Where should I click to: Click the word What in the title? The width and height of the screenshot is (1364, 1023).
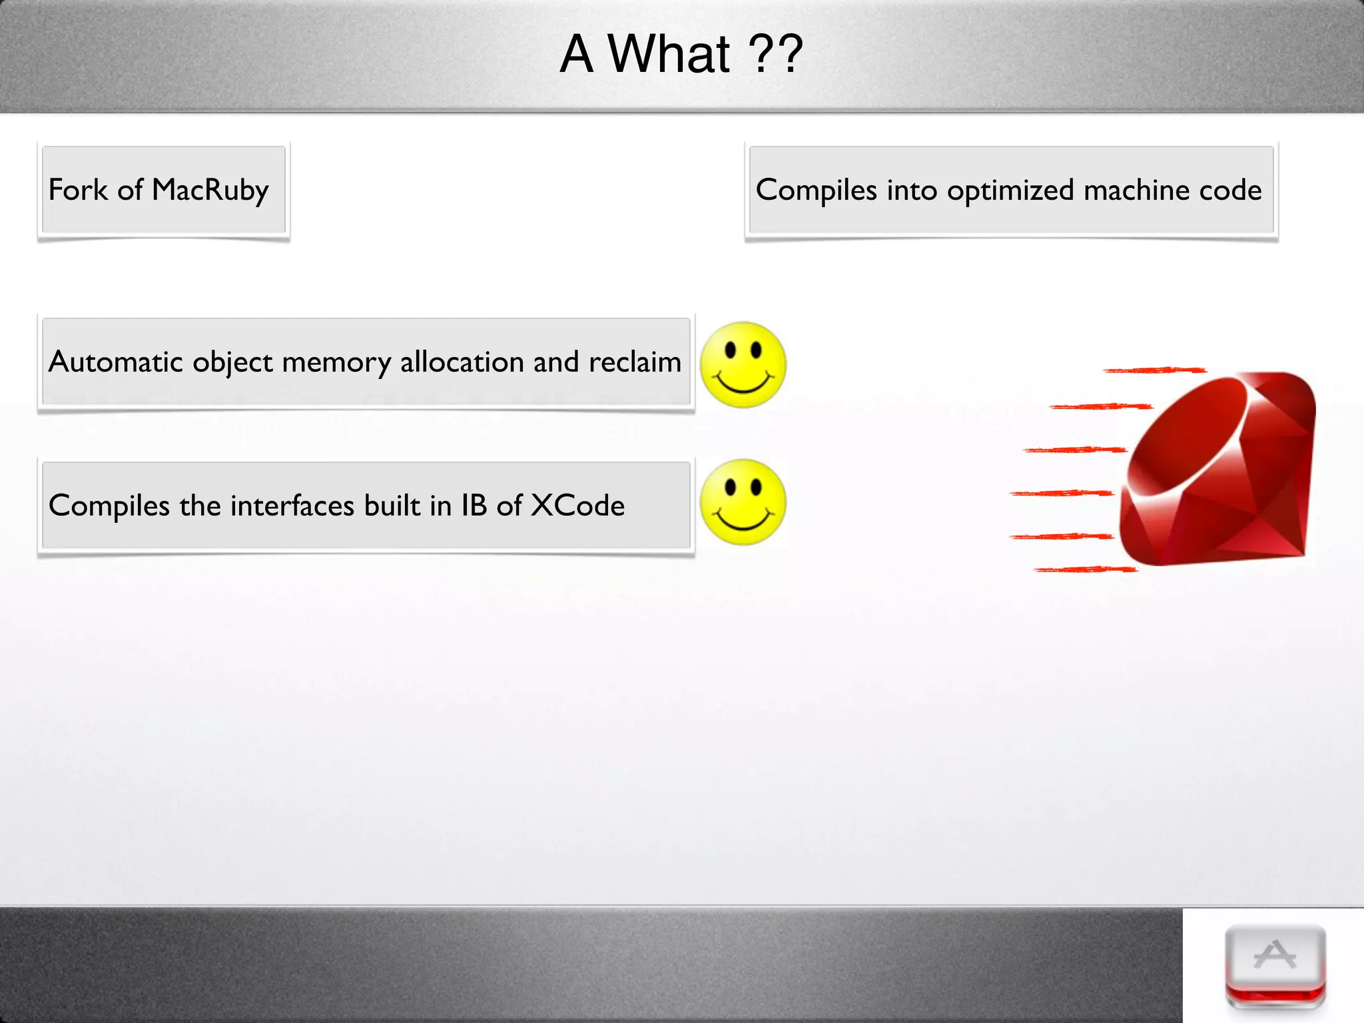(669, 55)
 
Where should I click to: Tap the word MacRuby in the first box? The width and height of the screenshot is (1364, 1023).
(210, 190)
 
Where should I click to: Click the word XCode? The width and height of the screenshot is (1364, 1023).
(577, 506)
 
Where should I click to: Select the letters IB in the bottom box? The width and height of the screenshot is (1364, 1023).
(474, 506)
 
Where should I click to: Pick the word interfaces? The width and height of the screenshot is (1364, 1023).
(292, 506)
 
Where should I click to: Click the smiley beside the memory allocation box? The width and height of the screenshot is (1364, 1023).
(743, 365)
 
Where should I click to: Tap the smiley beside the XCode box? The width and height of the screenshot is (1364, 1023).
(743, 502)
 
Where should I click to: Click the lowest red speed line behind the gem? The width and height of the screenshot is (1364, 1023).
(1086, 569)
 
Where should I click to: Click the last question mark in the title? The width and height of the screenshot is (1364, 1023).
(790, 55)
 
